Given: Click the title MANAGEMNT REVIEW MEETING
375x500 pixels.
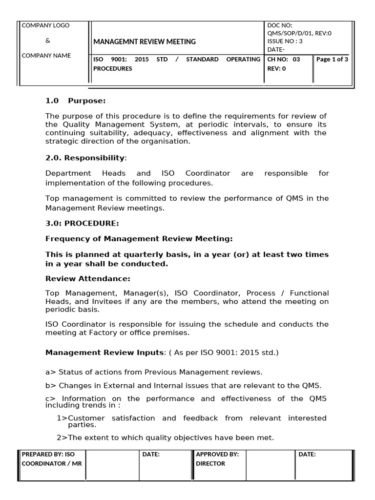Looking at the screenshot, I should (x=145, y=42).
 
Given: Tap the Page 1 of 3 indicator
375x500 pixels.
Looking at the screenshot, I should (x=332, y=60).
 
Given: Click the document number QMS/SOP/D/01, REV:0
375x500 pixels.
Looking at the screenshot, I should (x=299, y=33).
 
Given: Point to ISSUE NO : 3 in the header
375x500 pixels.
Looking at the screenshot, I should (x=285, y=42).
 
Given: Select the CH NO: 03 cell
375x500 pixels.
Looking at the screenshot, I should (x=284, y=60).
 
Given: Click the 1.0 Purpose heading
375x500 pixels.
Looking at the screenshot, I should (x=75, y=101).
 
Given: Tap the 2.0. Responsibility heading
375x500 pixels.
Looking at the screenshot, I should (x=85, y=158).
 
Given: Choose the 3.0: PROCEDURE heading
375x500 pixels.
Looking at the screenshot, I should (x=82, y=223).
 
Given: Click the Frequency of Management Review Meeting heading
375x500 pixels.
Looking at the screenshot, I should (x=139, y=239).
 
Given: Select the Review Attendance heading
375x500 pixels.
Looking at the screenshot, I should (x=88, y=278).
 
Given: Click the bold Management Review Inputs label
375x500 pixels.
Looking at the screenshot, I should (x=104, y=353).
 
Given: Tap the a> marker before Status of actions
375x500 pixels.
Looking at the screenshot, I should (x=51, y=372).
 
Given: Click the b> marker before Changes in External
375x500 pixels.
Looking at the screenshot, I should (x=51, y=386).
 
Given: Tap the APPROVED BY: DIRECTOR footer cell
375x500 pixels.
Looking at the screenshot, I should (x=217, y=459).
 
